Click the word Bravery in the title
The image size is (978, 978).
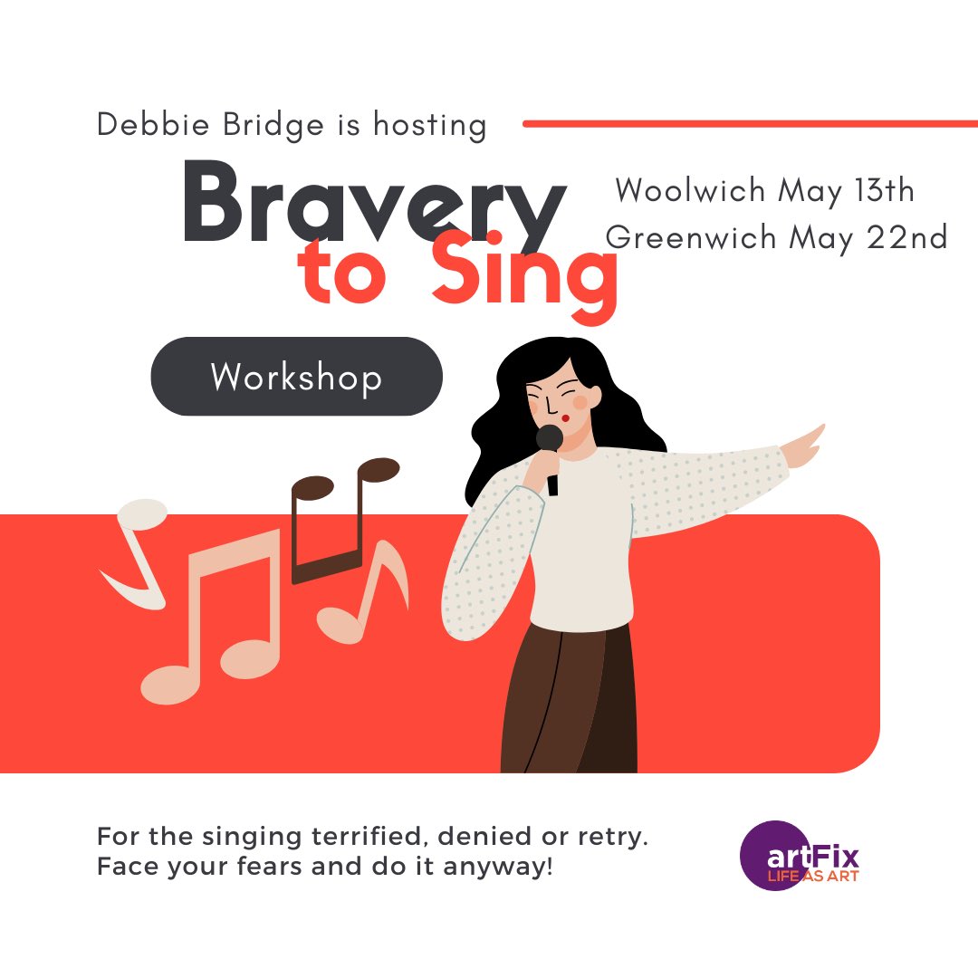pyautogui.click(x=373, y=204)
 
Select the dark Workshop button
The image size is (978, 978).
pyautogui.click(x=296, y=377)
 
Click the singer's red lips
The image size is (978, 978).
pyautogui.click(x=565, y=417)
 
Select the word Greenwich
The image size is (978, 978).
pyautogui.click(x=691, y=237)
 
